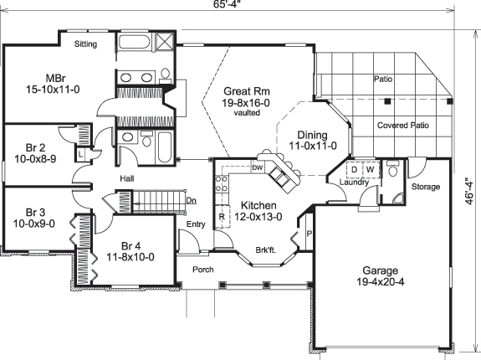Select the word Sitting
[85, 44]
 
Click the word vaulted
[247, 111]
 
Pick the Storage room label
[426, 187]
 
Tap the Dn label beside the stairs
[191, 200]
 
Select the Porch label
[203, 270]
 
